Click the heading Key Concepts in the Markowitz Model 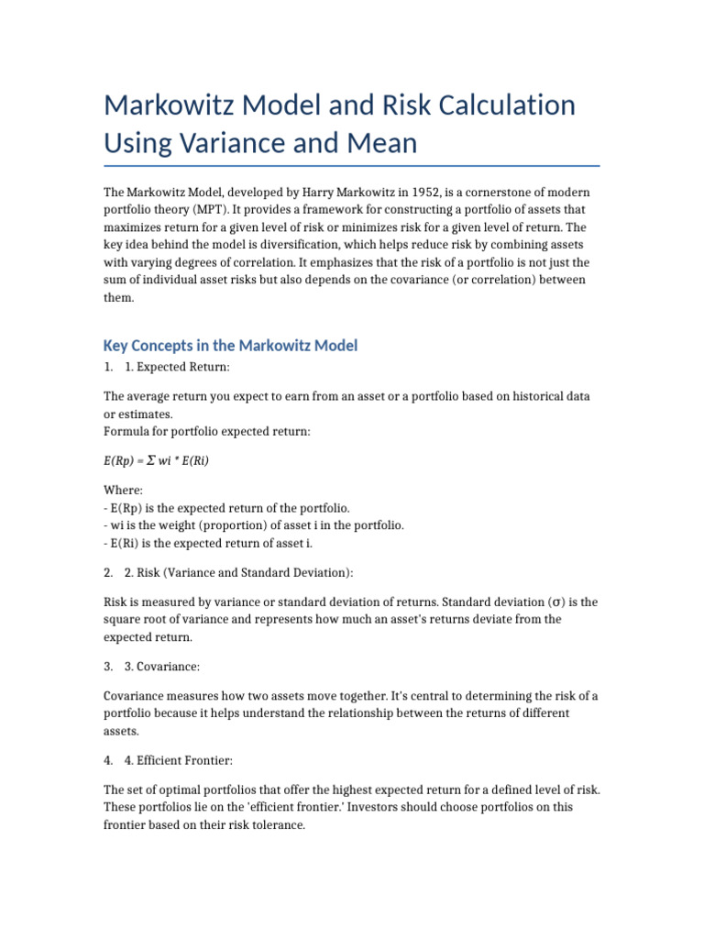(x=230, y=346)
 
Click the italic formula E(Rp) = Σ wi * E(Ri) (x=156, y=460)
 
